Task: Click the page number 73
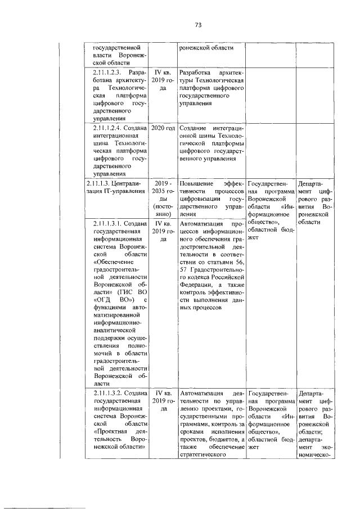click(x=198, y=25)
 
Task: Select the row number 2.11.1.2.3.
click(x=108, y=73)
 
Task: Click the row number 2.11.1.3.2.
click(x=109, y=393)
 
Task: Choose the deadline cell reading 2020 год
click(x=162, y=128)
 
